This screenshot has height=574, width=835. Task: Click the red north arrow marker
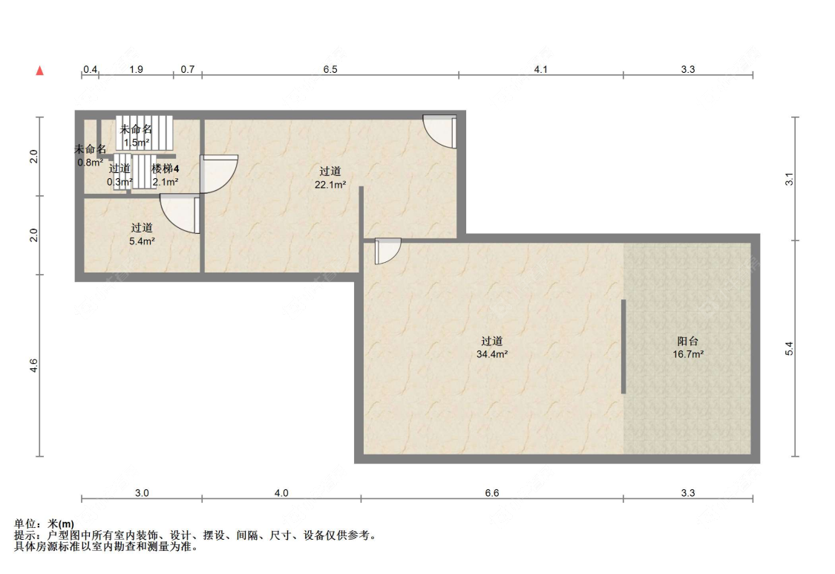[39, 71]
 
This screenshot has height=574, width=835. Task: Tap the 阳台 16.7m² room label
[688, 347]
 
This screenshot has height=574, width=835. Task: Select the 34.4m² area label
[491, 354]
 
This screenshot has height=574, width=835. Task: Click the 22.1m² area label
[330, 185]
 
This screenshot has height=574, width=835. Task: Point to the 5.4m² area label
[142, 241]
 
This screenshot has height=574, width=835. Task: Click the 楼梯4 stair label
[165, 169]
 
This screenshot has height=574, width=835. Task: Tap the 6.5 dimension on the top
[330, 69]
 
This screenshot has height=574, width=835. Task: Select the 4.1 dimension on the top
[540, 69]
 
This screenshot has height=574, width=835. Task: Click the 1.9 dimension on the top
[136, 69]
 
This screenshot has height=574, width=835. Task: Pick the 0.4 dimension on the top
[90, 69]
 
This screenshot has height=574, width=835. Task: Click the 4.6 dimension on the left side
[33, 365]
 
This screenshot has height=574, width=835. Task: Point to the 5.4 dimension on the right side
[789, 348]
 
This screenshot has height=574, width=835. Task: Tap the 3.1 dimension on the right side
[789, 179]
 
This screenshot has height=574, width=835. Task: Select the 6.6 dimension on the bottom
[491, 493]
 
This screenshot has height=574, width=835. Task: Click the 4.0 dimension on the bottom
[281, 493]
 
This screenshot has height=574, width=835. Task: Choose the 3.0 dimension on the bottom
[142, 493]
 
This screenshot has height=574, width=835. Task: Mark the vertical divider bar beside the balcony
[623, 347]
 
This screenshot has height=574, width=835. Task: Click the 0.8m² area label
[90, 163]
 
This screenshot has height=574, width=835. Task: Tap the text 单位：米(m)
[45, 524]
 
